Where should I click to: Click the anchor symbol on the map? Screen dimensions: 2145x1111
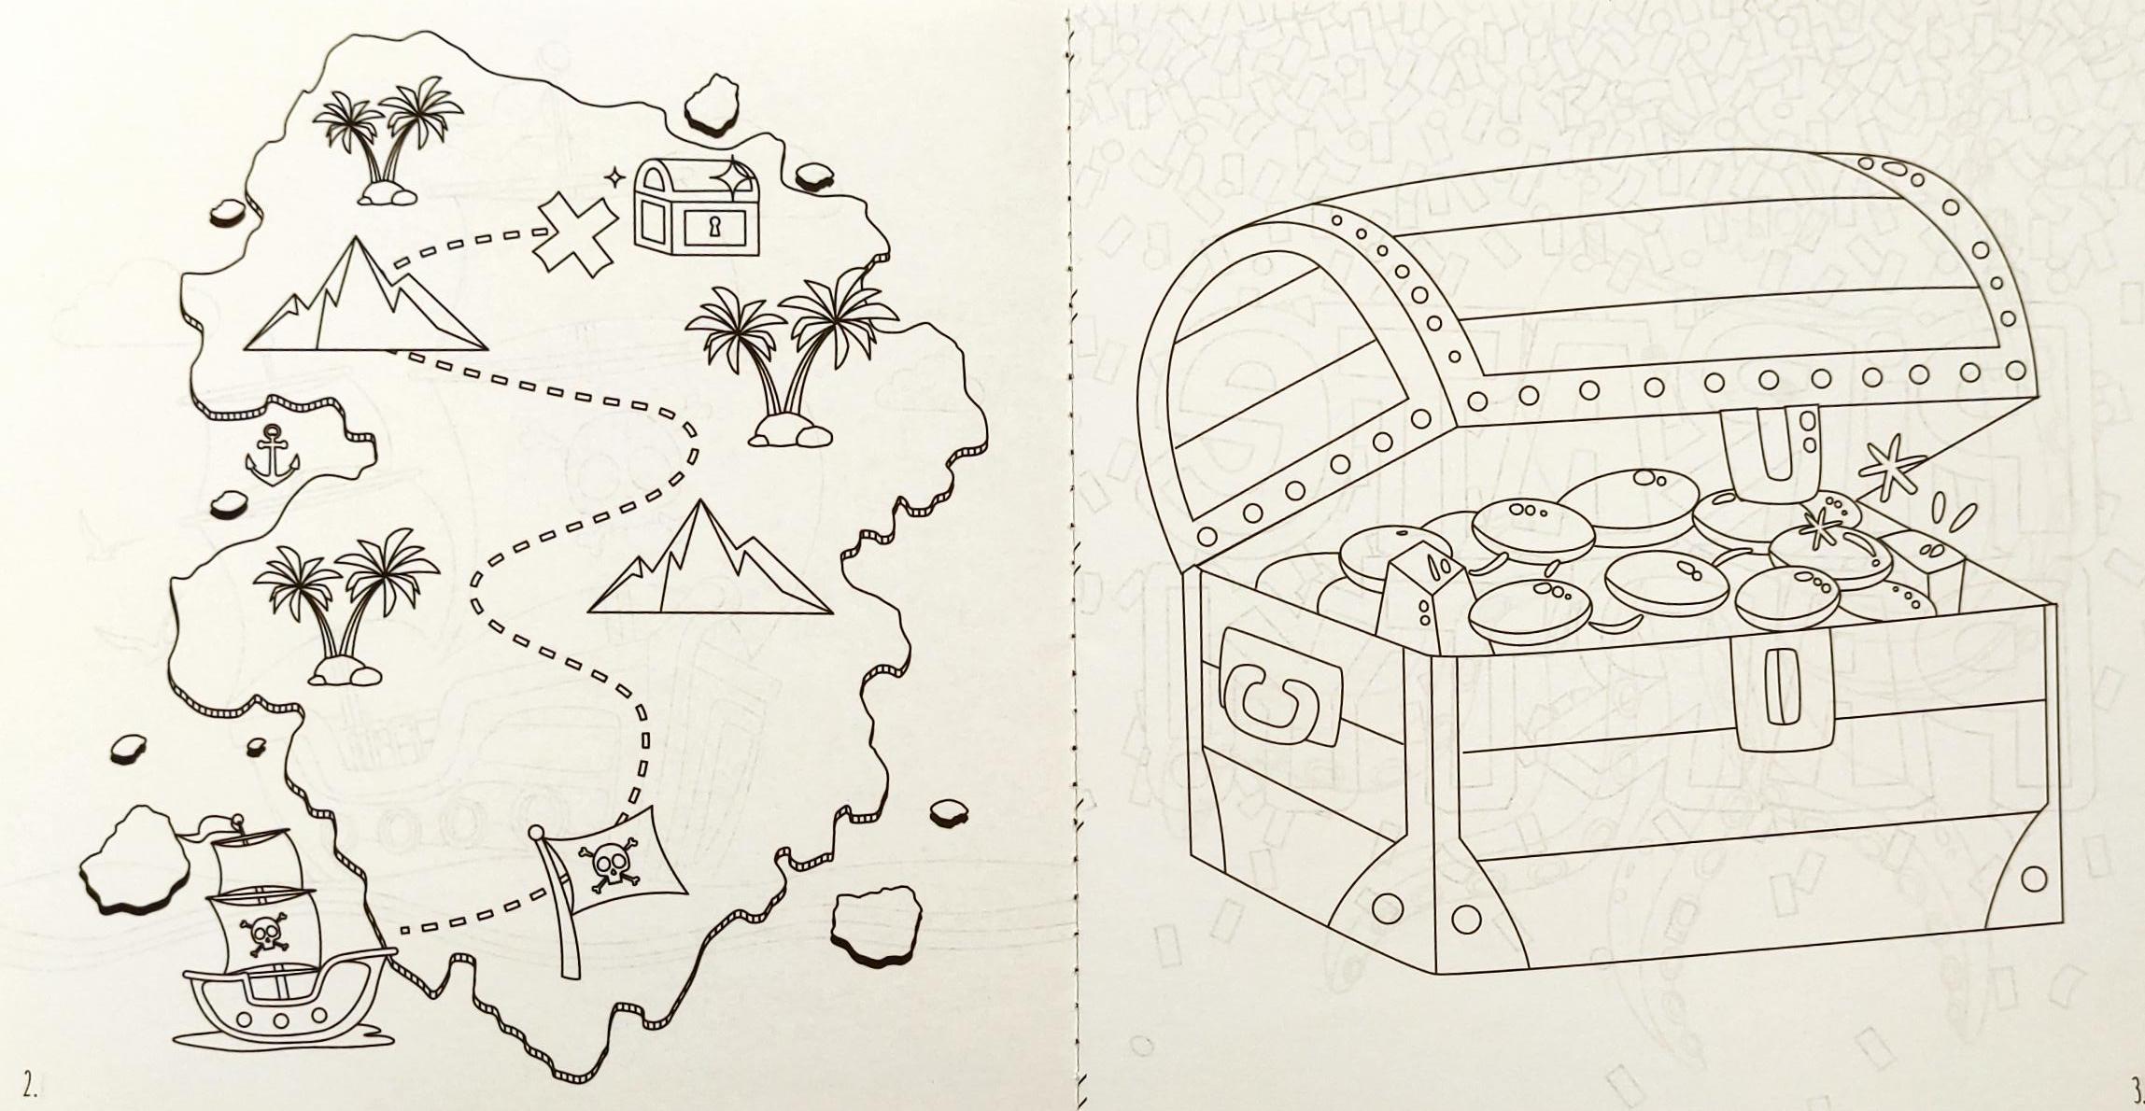[x=271, y=455]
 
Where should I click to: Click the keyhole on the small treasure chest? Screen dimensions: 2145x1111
[x=715, y=227]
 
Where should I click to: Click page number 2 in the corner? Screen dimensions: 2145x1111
[x=31, y=1087]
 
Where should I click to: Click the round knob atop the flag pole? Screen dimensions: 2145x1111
[x=537, y=833]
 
